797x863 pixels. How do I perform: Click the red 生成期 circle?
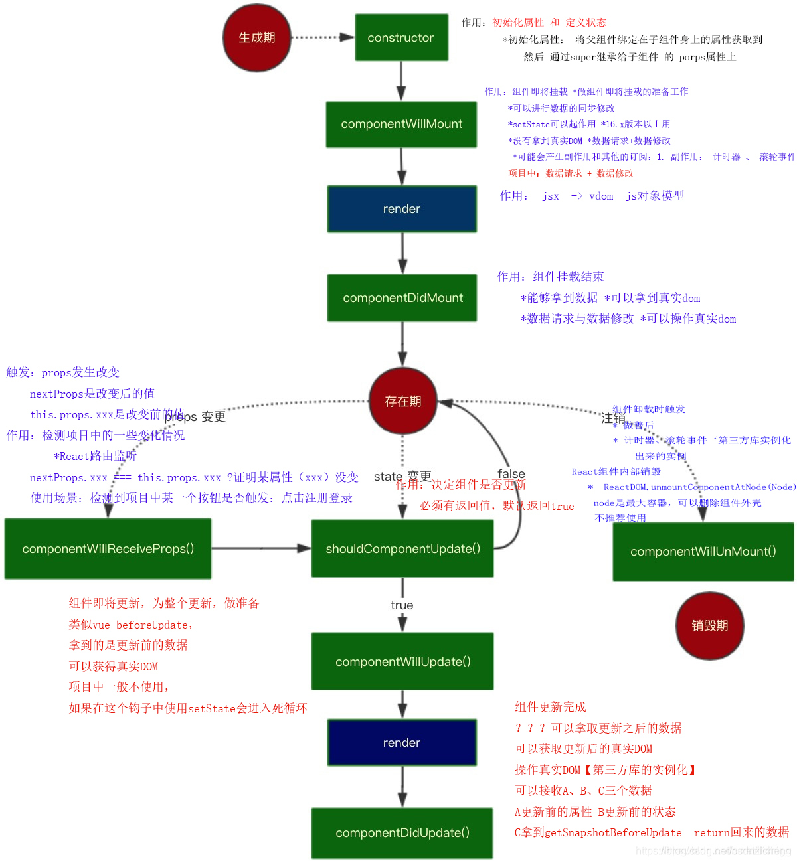click(257, 38)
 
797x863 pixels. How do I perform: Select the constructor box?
click(401, 38)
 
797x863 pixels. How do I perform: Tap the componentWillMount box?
click(401, 124)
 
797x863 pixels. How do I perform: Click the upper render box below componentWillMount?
click(402, 209)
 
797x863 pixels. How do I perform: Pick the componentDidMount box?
click(402, 298)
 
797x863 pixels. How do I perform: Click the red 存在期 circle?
click(403, 402)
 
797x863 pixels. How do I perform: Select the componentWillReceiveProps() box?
click(108, 549)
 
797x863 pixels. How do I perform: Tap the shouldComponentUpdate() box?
click(402, 549)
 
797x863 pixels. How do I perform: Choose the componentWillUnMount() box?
click(703, 552)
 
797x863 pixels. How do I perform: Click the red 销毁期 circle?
click(710, 626)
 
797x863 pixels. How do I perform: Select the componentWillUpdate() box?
click(402, 662)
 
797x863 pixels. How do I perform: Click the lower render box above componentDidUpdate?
click(402, 743)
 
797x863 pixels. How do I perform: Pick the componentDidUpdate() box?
click(402, 833)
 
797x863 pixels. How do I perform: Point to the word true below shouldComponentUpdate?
click(402, 605)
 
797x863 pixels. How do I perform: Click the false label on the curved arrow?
click(511, 474)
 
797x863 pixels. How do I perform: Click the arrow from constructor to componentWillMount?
click(401, 81)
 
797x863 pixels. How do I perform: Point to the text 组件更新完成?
click(551, 707)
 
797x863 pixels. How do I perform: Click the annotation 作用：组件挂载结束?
click(551, 277)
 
